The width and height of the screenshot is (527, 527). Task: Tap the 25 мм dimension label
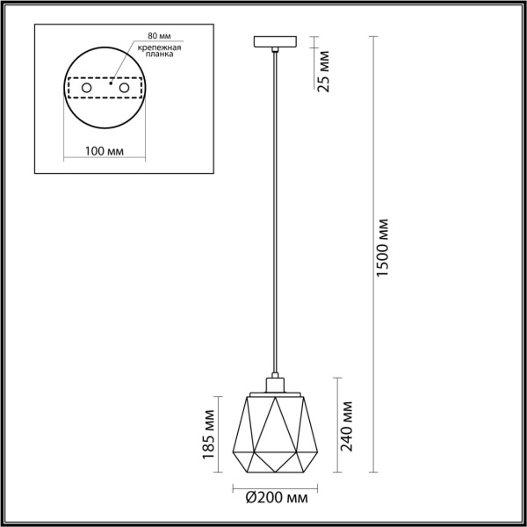[x=324, y=76]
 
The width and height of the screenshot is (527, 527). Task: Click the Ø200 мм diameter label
[x=277, y=499]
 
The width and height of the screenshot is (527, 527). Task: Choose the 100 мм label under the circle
[x=105, y=151]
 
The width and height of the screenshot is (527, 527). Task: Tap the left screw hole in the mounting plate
[x=86, y=89]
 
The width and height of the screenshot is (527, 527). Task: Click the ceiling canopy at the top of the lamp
[x=278, y=41]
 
